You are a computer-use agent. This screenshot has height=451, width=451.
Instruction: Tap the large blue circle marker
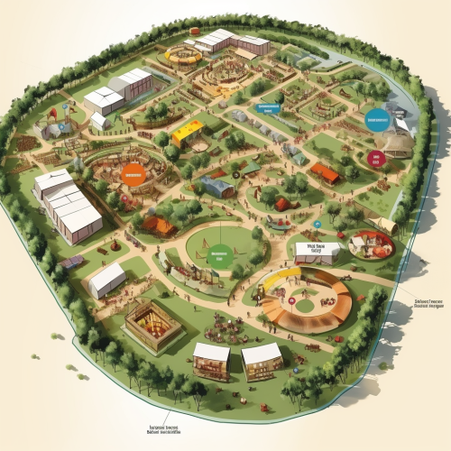[x=376, y=120]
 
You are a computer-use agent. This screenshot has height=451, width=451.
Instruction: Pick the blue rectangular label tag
[x=269, y=108]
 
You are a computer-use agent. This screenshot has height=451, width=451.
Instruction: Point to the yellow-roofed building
[x=188, y=132]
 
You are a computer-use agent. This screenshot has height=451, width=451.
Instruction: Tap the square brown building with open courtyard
[x=152, y=325]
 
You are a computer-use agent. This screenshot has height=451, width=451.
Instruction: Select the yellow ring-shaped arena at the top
[x=183, y=56]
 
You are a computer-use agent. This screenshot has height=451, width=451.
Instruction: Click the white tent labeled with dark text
[x=317, y=251]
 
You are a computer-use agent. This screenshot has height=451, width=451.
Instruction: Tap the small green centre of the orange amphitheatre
[x=304, y=306]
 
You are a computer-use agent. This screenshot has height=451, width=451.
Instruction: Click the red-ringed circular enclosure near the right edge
[x=372, y=243]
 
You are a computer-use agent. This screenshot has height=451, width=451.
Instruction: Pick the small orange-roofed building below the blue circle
[x=326, y=172]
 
